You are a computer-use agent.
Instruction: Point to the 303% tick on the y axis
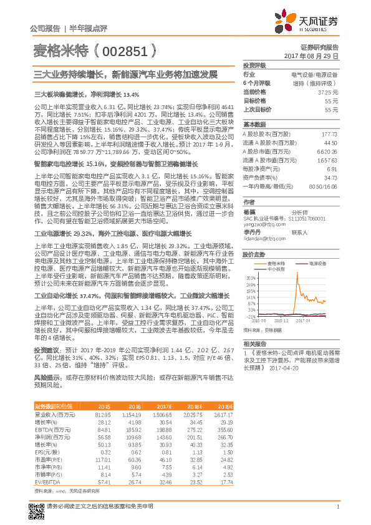[x=250, y=277]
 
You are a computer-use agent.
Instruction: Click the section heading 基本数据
[x=255, y=124]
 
